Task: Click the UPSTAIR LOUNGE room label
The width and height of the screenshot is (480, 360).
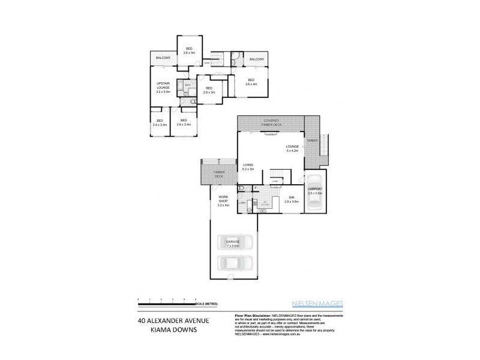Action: [163, 87]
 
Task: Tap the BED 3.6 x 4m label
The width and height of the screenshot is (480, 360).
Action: [250, 82]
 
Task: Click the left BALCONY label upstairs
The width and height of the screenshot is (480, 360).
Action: [163, 58]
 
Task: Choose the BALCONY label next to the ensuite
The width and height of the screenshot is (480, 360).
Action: [257, 59]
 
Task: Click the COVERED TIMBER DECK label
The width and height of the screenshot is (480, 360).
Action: [270, 122]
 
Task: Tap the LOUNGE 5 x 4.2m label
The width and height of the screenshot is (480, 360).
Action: [292, 149]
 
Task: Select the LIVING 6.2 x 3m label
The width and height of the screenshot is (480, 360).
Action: [248, 167]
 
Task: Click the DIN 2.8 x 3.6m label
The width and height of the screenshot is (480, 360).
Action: [292, 200]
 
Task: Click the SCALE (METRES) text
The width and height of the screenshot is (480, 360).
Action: [215, 303]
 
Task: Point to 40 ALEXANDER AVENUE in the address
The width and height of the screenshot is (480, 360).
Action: [173, 320]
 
